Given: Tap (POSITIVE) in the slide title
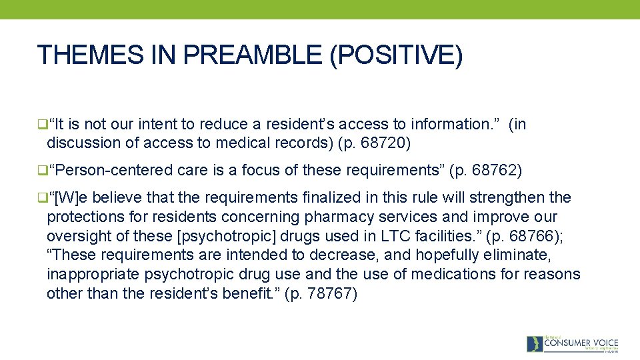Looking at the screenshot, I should pyautogui.click(x=395, y=55).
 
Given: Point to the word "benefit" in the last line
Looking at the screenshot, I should pyautogui.click(x=249, y=293).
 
